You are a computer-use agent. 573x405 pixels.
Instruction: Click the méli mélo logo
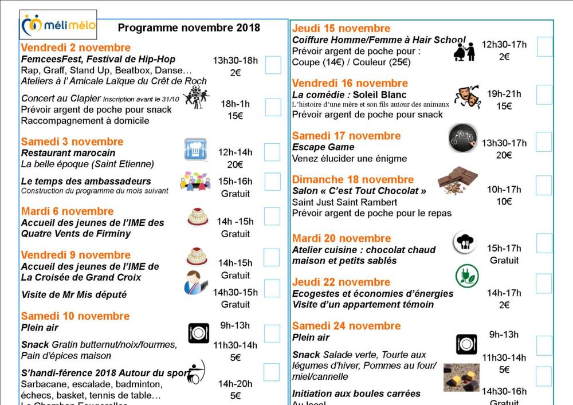tap(58, 25)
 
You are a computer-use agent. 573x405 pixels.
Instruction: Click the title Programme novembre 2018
tap(189, 27)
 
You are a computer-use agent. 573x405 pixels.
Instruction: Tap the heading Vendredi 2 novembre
tap(76, 48)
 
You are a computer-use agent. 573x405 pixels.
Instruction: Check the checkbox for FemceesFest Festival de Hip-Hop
tap(273, 65)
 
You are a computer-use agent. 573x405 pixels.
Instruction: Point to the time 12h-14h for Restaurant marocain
tap(236, 152)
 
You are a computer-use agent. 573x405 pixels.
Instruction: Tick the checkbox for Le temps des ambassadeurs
tap(272, 182)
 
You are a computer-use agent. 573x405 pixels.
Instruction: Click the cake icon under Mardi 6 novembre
tap(197, 217)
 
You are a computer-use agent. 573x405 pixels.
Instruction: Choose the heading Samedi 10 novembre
tap(75, 316)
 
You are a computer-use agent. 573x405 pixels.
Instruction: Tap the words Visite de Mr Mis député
tap(73, 294)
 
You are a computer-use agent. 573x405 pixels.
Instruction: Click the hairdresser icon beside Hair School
tap(464, 51)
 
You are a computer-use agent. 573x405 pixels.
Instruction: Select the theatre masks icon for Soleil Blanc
tap(467, 97)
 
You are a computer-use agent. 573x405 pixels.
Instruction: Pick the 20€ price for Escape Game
tap(504, 155)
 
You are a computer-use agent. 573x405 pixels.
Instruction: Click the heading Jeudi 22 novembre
tap(341, 282)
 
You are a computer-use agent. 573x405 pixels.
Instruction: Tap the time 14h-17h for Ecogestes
tap(504, 293)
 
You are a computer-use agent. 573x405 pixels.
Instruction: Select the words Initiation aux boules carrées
tap(356, 394)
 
